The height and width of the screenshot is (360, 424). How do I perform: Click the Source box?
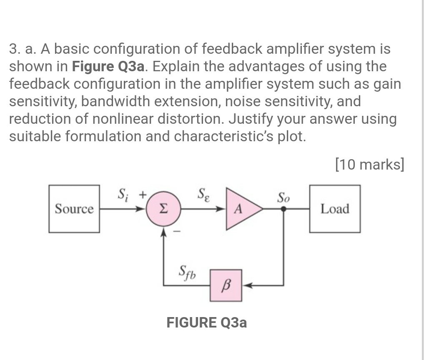pos(74,209)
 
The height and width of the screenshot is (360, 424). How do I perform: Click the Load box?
pos(335,209)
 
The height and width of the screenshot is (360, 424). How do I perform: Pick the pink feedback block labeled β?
pos(226,285)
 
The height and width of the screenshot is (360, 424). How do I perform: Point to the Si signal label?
pos(123,194)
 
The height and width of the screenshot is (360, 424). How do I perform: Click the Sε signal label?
pos(204,194)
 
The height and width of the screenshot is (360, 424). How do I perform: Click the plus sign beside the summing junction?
pos(142,194)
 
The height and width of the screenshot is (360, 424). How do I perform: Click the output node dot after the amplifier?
pos(284,209)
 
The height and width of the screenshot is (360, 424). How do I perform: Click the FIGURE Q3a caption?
pos(206,322)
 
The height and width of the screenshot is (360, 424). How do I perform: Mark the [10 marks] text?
pos(369,165)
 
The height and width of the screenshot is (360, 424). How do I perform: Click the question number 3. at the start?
pos(15,49)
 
